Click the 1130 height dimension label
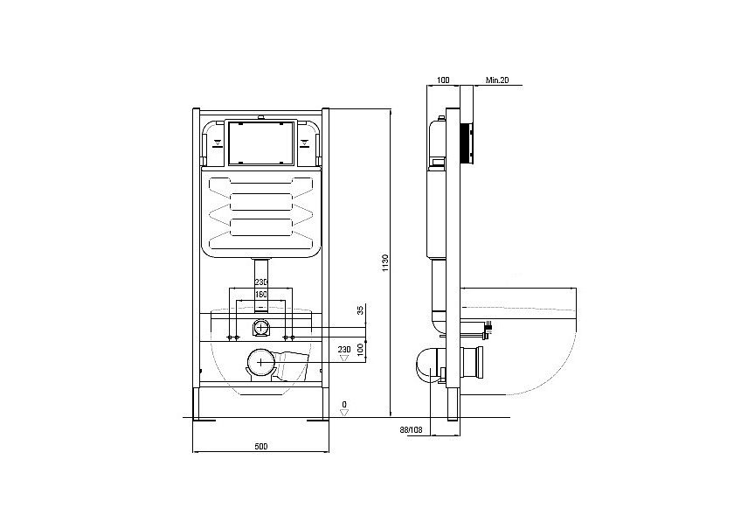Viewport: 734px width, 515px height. [384, 263]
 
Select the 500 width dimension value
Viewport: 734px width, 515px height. [261, 446]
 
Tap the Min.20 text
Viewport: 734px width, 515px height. [497, 80]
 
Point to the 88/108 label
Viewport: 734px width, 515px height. [411, 429]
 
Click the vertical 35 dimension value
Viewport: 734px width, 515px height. [360, 310]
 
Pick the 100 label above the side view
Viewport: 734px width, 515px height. [443, 80]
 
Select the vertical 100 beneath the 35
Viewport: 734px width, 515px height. [360, 350]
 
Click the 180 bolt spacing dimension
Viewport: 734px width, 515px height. [260, 295]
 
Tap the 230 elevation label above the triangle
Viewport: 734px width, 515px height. [344, 349]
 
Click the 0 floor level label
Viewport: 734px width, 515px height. [344, 404]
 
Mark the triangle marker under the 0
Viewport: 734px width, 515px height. [344, 413]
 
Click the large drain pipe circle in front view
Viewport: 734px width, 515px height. [260, 362]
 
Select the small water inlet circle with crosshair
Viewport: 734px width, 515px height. [260, 327]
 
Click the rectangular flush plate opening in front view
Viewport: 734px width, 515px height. [260, 143]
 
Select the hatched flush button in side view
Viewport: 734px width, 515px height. [467, 144]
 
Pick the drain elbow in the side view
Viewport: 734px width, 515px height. [428, 365]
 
